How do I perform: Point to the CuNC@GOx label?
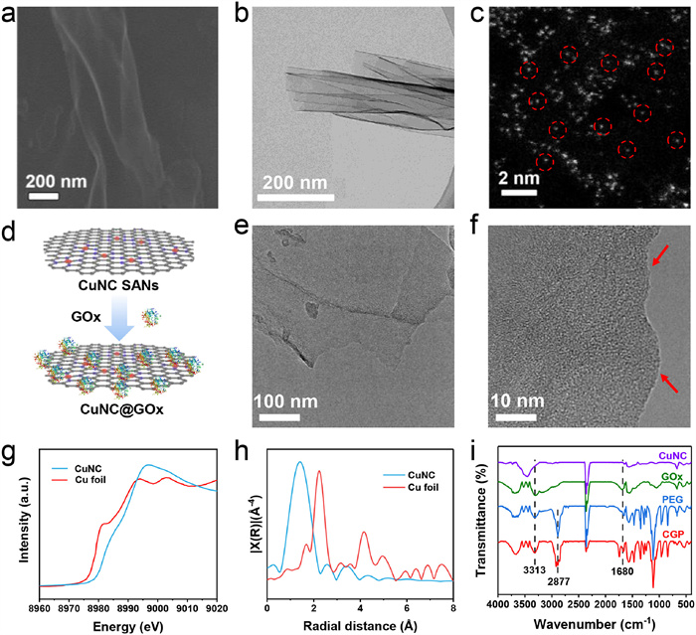click(x=88, y=407)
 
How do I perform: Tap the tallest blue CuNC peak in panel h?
click(x=299, y=461)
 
